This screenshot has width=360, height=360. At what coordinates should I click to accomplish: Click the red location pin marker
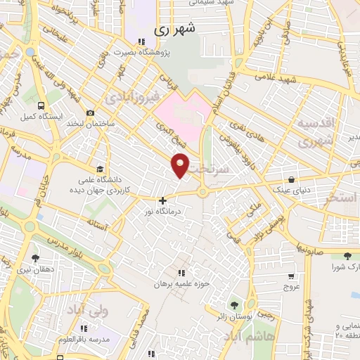click(181, 164)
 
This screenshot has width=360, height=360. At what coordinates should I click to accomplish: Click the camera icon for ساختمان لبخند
click(90, 112)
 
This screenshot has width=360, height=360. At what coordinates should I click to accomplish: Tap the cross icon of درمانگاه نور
click(162, 200)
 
